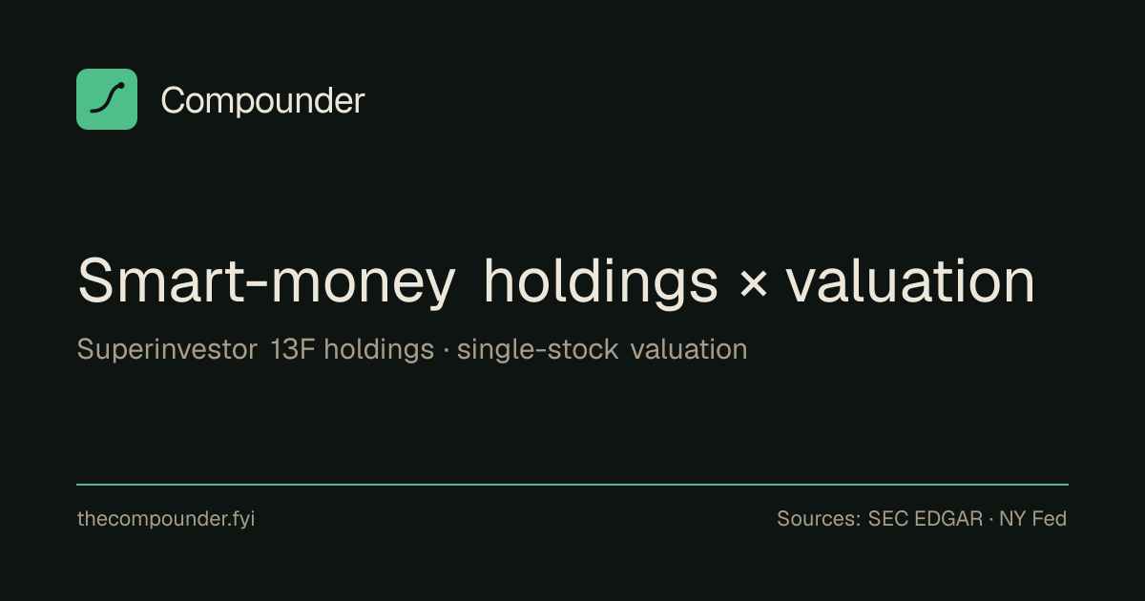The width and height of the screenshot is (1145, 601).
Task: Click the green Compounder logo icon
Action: [107, 99]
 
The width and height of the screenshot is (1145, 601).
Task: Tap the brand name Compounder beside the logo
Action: [262, 101]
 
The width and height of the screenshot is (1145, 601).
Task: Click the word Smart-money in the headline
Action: [266, 281]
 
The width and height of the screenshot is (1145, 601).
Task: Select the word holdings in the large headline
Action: [601, 282]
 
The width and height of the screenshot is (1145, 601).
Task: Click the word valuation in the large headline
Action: [910, 280]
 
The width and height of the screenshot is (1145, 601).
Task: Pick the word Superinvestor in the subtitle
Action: [167, 350]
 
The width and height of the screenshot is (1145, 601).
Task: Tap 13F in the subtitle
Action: [292, 349]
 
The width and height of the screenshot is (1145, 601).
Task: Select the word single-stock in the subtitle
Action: [538, 349]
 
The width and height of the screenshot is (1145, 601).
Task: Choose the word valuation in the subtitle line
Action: [689, 349]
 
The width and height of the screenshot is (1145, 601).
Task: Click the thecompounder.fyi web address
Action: [166, 519]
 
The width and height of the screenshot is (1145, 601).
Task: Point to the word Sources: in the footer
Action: [819, 519]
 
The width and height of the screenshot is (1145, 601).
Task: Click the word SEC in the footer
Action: [887, 519]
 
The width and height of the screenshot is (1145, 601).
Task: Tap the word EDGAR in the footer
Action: [948, 519]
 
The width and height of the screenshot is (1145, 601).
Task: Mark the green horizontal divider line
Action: [572, 484]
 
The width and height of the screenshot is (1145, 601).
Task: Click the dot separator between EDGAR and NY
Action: [991, 519]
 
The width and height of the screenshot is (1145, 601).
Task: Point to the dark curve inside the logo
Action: [107, 97]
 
